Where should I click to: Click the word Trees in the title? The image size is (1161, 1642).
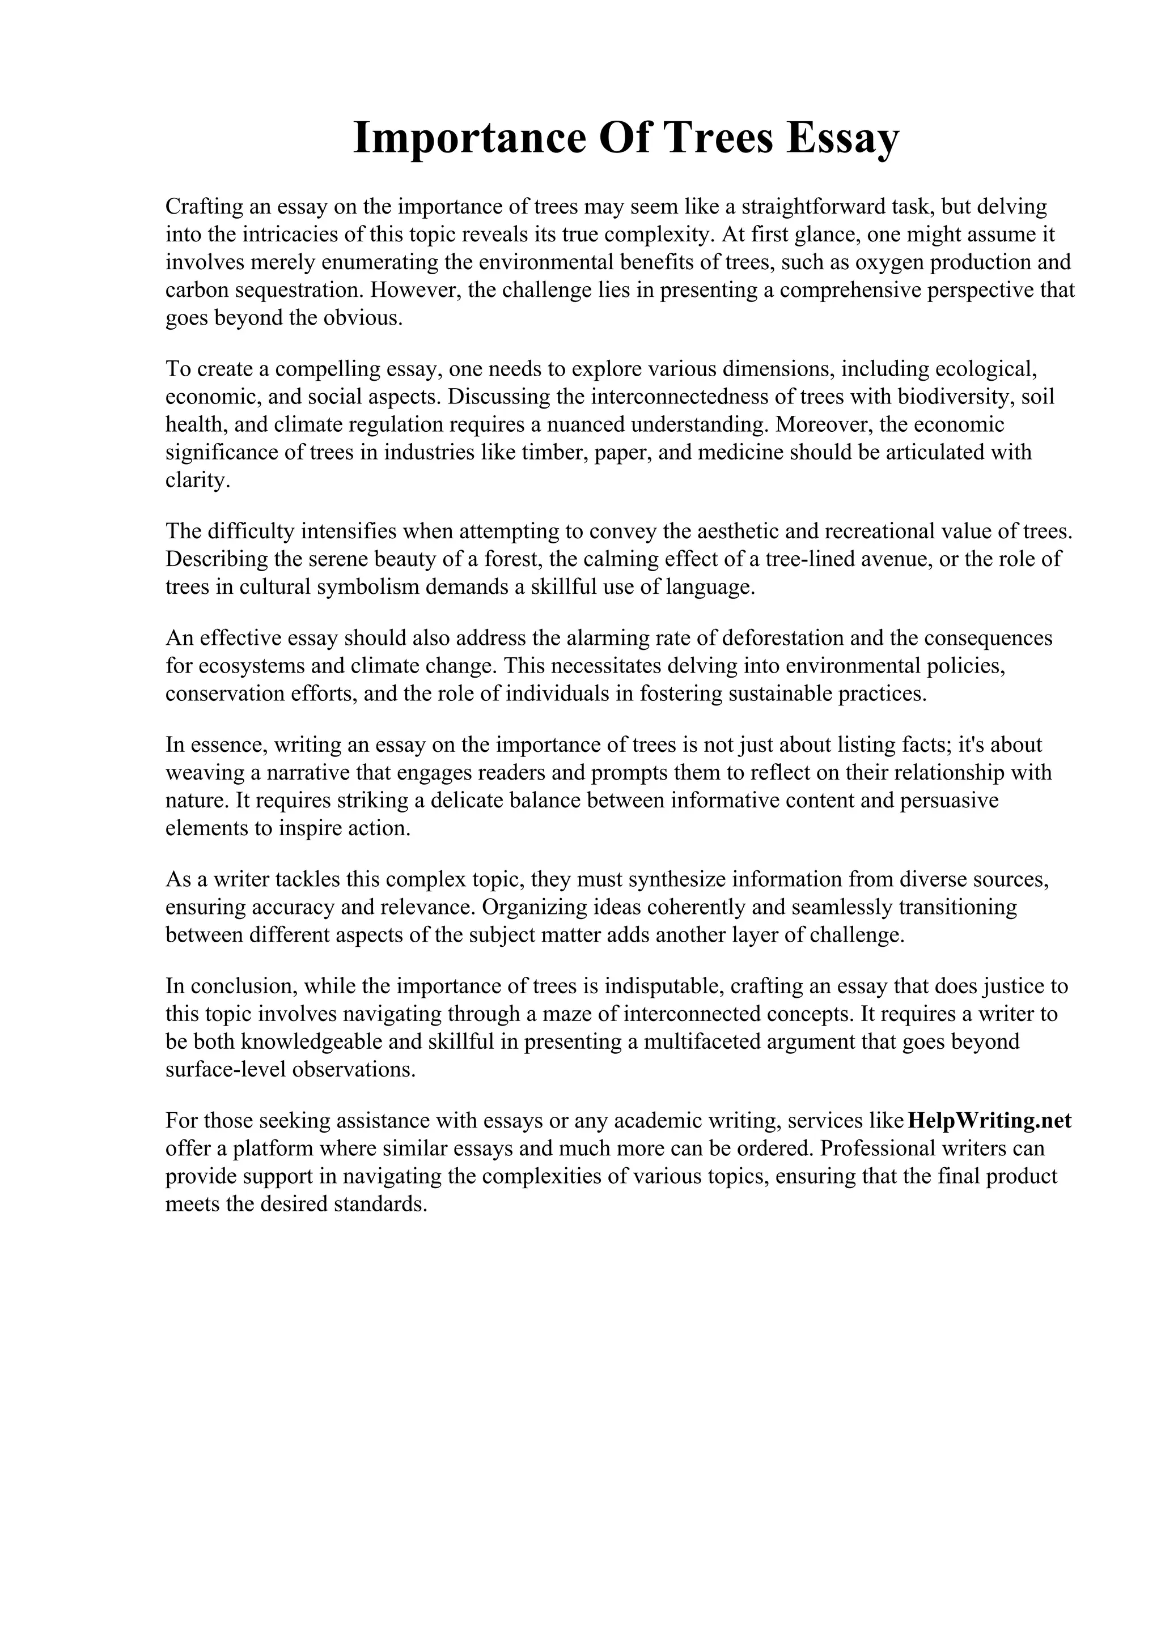click(x=719, y=139)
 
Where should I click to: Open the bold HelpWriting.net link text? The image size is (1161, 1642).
click(x=989, y=1121)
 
